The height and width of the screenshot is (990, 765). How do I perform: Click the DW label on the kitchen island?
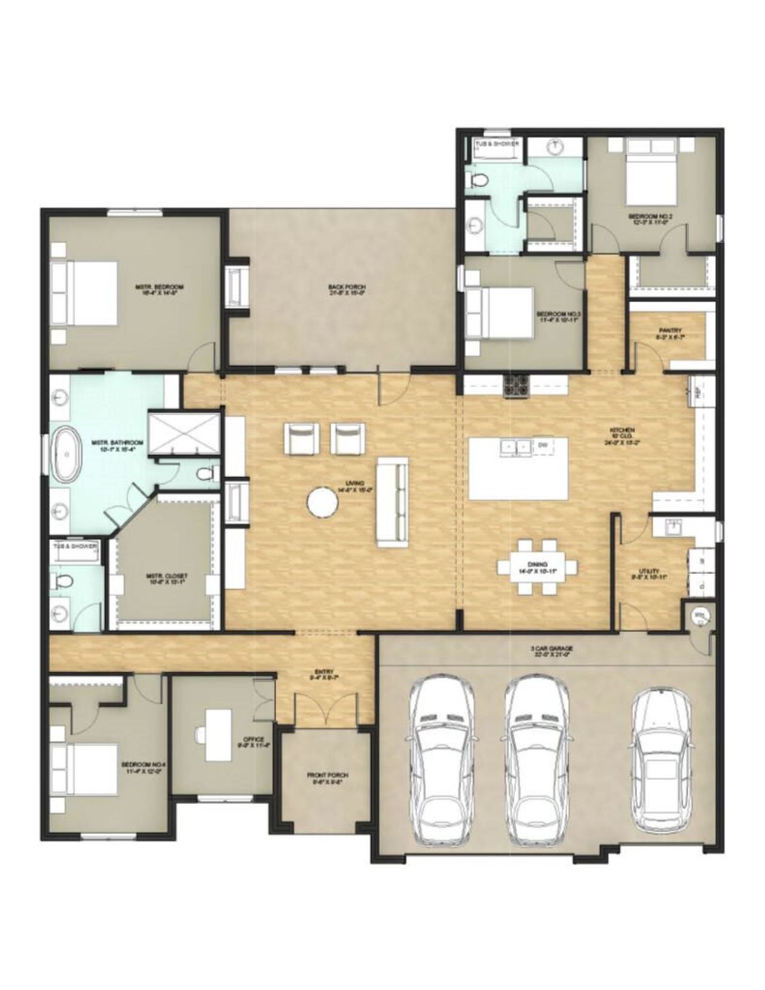tap(543, 445)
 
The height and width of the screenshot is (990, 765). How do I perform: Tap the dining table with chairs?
tap(537, 566)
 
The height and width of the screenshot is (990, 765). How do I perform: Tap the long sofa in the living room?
tap(392, 502)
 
